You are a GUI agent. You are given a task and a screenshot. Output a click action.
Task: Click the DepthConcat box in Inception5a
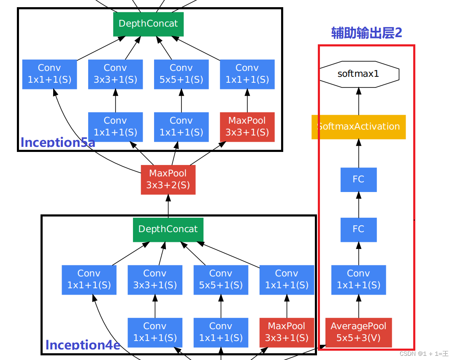click(148, 24)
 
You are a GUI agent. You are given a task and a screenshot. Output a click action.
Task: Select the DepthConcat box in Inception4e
click(168, 229)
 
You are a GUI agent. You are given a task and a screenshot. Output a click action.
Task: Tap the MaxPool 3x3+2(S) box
click(168, 179)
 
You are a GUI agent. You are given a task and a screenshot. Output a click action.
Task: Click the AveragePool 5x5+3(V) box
click(358, 332)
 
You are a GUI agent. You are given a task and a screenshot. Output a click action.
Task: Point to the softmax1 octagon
click(358, 74)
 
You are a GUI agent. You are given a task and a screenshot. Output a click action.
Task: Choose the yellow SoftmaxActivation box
click(358, 127)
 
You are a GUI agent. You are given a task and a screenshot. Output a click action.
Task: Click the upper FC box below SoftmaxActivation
click(358, 179)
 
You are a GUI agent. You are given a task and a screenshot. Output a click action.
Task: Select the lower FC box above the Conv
click(358, 229)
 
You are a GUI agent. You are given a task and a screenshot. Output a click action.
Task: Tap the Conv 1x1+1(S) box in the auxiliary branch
click(358, 279)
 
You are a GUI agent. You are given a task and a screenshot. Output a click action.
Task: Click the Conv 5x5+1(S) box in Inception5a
click(181, 74)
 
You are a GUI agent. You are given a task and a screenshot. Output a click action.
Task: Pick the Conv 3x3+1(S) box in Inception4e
click(155, 279)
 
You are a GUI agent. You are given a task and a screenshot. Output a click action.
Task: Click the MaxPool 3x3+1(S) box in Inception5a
click(247, 127)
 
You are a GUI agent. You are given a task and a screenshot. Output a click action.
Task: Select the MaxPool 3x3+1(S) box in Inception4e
click(287, 332)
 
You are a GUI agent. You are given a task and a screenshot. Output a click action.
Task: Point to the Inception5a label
click(58, 142)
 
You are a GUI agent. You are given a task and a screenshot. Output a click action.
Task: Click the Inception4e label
click(83, 345)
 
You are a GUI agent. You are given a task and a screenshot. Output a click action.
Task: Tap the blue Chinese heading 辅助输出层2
click(366, 33)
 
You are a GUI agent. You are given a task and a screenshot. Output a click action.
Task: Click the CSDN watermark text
click(424, 354)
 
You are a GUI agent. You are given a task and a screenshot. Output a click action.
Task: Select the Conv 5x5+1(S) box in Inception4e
click(221, 279)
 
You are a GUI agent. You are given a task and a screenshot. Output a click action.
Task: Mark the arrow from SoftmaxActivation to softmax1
click(358, 101)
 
